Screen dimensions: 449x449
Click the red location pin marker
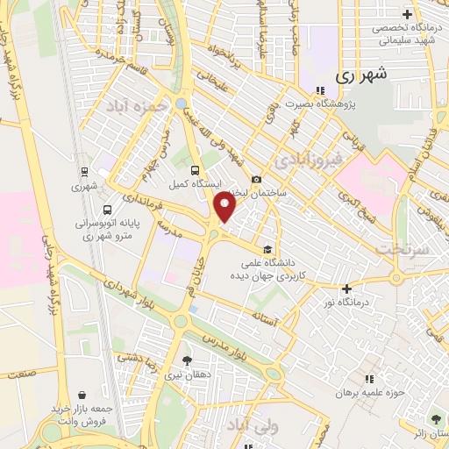click(225, 208)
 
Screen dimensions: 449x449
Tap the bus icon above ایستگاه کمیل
click(194, 171)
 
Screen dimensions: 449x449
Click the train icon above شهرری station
click(84, 172)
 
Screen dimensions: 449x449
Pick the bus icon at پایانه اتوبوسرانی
click(107, 210)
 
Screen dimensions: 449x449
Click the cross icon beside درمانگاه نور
click(347, 289)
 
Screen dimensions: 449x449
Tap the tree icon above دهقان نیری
click(187, 359)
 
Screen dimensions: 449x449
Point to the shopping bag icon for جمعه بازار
click(82, 395)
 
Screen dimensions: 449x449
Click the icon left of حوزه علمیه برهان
click(368, 378)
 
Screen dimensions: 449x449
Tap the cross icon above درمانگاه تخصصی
click(406, 14)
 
